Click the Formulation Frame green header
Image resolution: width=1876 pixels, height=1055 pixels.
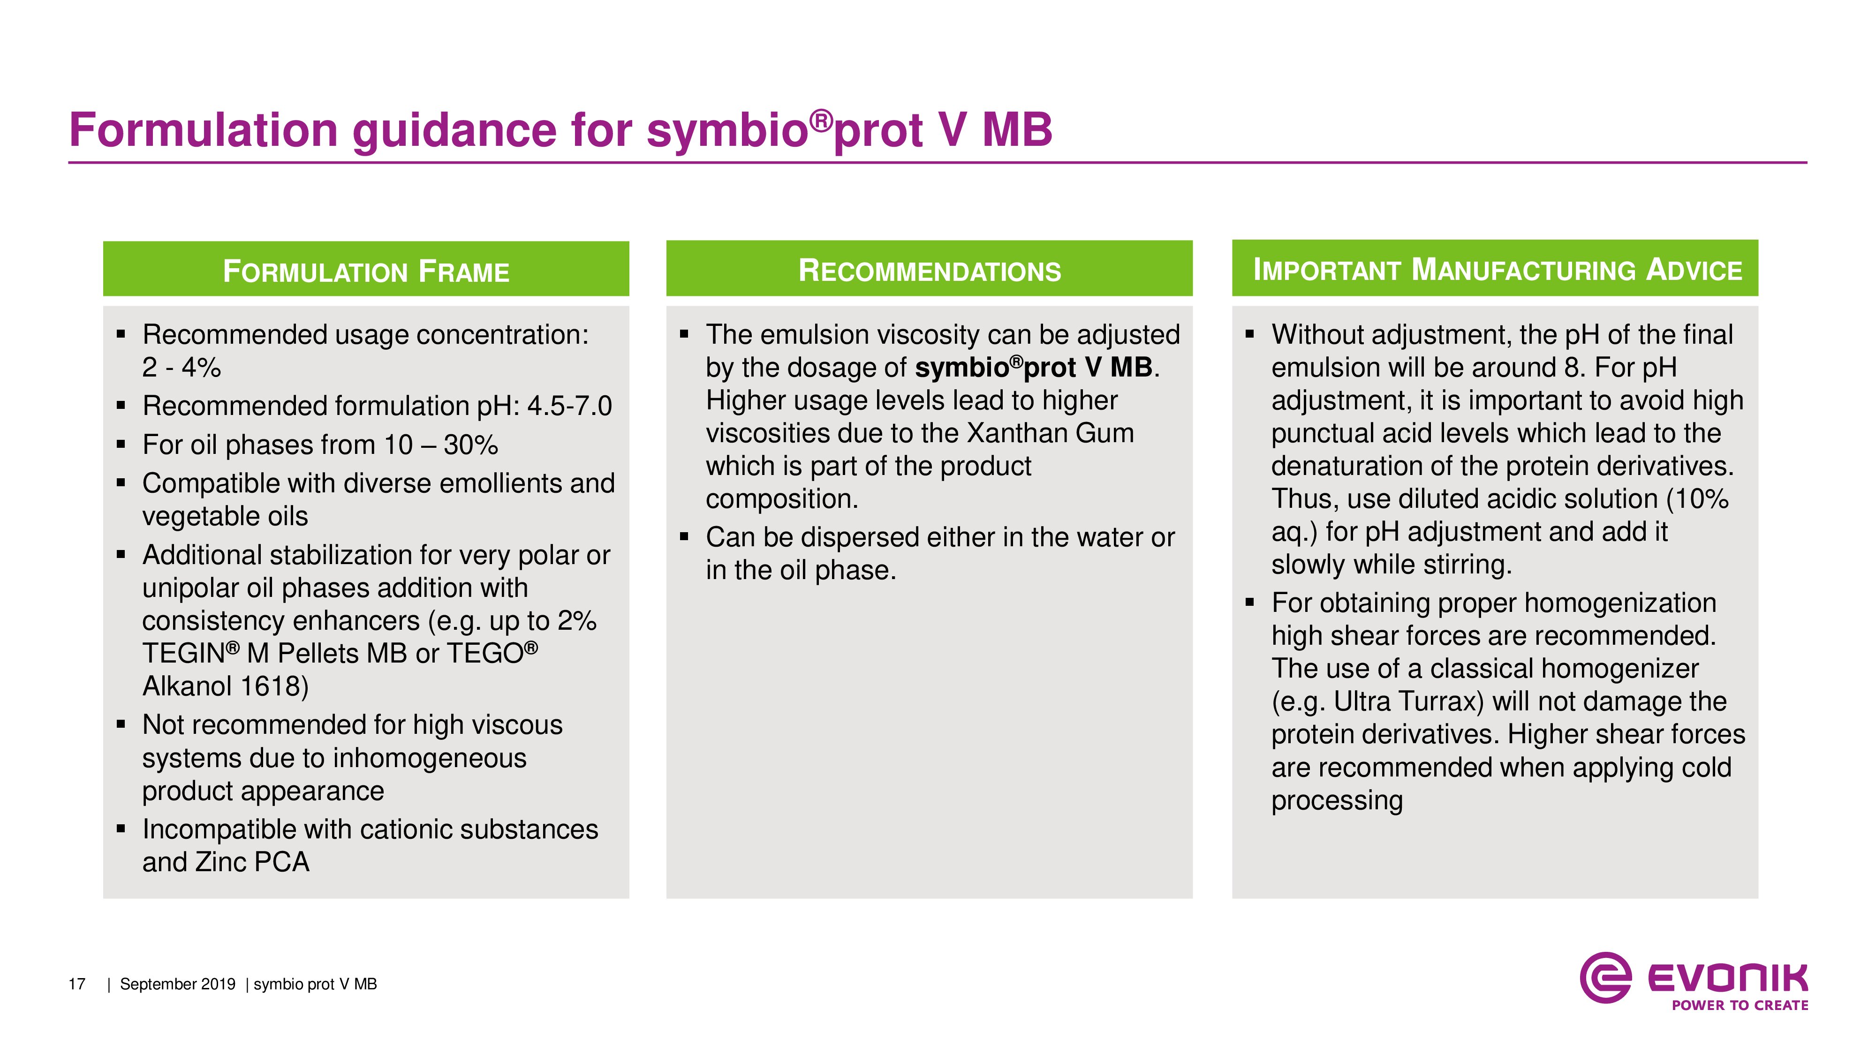tap(366, 269)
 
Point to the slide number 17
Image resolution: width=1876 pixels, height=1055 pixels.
tap(77, 984)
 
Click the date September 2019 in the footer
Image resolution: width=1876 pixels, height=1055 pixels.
tap(178, 984)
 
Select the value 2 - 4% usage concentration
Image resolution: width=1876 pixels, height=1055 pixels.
tap(182, 368)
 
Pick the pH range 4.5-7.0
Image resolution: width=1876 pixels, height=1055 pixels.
tap(569, 406)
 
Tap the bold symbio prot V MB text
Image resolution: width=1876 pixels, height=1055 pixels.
tap(1034, 368)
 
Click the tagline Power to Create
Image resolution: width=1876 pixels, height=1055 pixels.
tap(1740, 1005)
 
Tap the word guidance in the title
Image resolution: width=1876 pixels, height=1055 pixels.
tap(454, 132)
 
